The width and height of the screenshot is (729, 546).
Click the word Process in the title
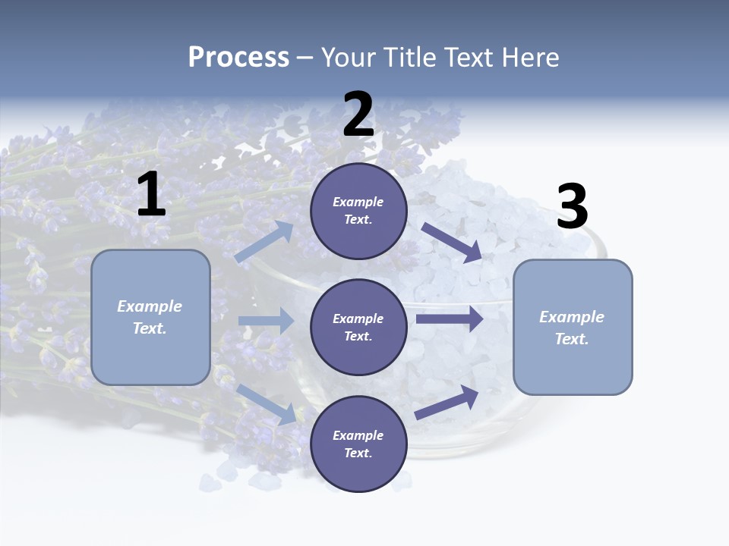tap(238, 58)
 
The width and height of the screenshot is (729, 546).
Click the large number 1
tap(151, 196)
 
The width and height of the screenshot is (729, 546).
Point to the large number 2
tap(358, 115)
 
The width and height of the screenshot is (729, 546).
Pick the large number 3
tap(572, 207)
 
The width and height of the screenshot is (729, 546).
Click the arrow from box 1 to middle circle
tap(266, 321)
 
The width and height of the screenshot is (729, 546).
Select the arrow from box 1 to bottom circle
tap(267, 404)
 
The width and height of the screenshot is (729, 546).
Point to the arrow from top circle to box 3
tap(451, 242)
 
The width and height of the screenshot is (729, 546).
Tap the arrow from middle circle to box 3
tap(450, 318)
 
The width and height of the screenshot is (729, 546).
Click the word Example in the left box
tap(150, 306)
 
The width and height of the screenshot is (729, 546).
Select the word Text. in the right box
tap(572, 339)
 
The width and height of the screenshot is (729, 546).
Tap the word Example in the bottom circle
tap(358, 435)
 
